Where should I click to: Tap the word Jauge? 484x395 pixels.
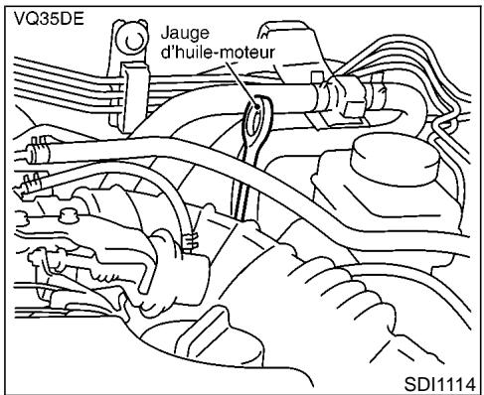[183, 32]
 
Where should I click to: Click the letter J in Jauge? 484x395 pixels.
[164, 32]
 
